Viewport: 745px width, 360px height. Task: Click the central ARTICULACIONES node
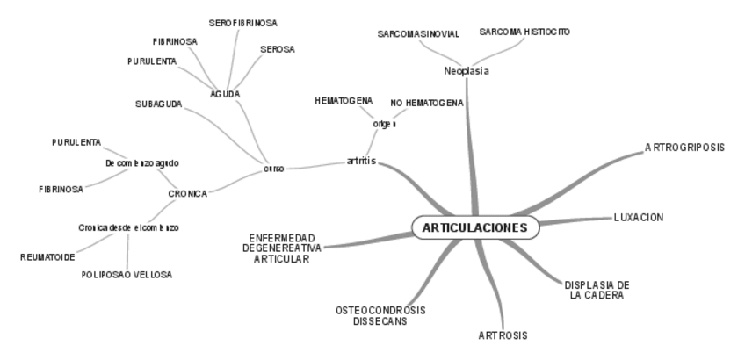pyautogui.click(x=474, y=227)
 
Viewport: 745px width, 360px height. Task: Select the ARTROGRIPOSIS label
pyautogui.click(x=684, y=148)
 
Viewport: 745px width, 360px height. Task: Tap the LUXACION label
pyautogui.click(x=639, y=217)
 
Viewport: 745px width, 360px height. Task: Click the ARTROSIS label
pyautogui.click(x=503, y=335)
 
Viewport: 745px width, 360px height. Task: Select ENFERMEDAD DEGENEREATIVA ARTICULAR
pyautogui.click(x=282, y=248)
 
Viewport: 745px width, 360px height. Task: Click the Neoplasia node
pyautogui.click(x=467, y=71)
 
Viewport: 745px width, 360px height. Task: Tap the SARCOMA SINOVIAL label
pyautogui.click(x=418, y=34)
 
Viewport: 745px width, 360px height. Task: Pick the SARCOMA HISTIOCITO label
pyautogui.click(x=524, y=32)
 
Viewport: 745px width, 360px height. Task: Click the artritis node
pyautogui.click(x=361, y=162)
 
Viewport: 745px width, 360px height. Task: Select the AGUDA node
pyautogui.click(x=226, y=93)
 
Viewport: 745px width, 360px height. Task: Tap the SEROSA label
pyautogui.click(x=278, y=49)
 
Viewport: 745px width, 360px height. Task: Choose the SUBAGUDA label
pyautogui.click(x=159, y=104)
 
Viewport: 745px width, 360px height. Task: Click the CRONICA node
pyautogui.click(x=187, y=193)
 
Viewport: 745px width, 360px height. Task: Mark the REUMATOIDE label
pyautogui.click(x=48, y=256)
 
